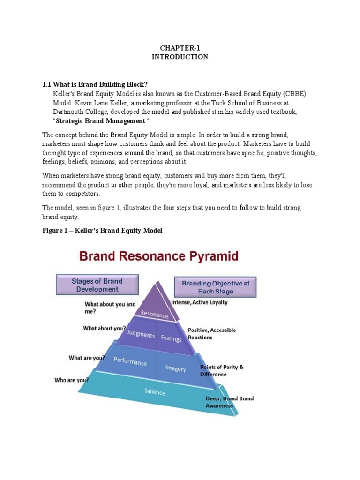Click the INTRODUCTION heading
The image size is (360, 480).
pyautogui.click(x=180, y=57)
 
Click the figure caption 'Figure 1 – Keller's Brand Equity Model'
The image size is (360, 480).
pyautogui.click(x=102, y=231)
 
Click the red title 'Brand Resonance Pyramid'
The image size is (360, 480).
pyautogui.click(x=158, y=257)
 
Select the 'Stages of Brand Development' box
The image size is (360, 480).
pyautogui.click(x=97, y=285)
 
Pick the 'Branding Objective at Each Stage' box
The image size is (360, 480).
pyautogui.click(x=215, y=287)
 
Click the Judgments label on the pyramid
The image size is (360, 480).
pyautogui.click(x=141, y=335)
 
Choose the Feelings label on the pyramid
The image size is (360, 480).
pyautogui.click(x=171, y=338)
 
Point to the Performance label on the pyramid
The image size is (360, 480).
pyautogui.click(x=131, y=362)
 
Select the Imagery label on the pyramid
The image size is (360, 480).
pyautogui.click(x=176, y=368)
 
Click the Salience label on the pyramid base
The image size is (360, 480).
pyautogui.click(x=155, y=391)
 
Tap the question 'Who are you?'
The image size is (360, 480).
pyautogui.click(x=71, y=380)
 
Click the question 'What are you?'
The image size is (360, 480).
pyautogui.click(x=87, y=358)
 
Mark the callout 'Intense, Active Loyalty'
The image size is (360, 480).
pyautogui.click(x=200, y=302)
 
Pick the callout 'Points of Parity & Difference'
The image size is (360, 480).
pyautogui.click(x=221, y=370)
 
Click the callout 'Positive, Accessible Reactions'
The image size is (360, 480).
pyautogui.click(x=212, y=333)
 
